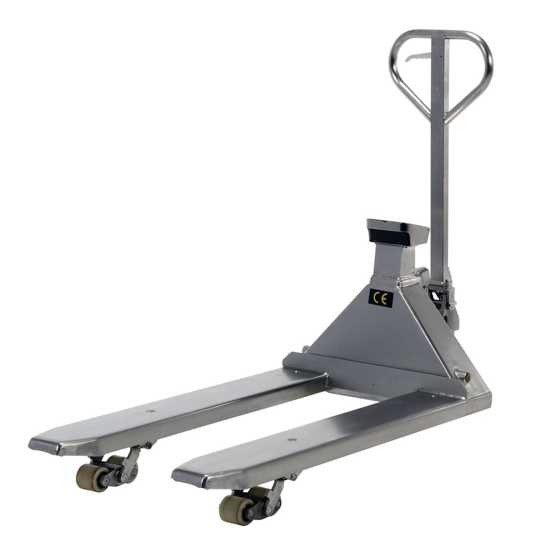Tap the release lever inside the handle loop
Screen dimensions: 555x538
pos(419,57)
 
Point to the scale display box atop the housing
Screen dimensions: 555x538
pos(397,233)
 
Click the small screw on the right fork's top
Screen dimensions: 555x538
pos(290,440)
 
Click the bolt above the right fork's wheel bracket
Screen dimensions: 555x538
pos(294,476)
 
